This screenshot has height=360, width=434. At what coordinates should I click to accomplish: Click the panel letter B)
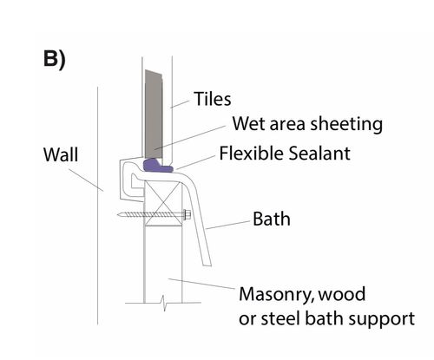pyautogui.click(x=55, y=60)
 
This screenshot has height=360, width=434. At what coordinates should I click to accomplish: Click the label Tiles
pyautogui.click(x=213, y=99)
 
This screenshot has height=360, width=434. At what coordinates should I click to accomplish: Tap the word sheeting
pyautogui.click(x=346, y=125)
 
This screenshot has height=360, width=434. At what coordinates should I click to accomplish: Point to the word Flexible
pyautogui.click(x=251, y=153)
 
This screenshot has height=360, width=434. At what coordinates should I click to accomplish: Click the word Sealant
pyautogui.click(x=319, y=153)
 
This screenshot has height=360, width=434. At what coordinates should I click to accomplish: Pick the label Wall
pyautogui.click(x=61, y=154)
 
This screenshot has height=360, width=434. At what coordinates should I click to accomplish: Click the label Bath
pyautogui.click(x=272, y=219)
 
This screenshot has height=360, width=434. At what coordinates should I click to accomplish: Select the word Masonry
pyautogui.click(x=277, y=295)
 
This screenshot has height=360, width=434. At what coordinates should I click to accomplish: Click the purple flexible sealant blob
pyautogui.click(x=158, y=166)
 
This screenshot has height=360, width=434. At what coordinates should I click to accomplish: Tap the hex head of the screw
pyautogui.click(x=187, y=214)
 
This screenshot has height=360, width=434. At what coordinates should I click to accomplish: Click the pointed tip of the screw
pyautogui.click(x=118, y=214)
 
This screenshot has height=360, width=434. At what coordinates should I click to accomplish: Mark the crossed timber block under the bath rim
pyautogui.click(x=163, y=203)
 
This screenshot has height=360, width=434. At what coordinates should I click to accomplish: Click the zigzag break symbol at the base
pyautogui.click(x=163, y=303)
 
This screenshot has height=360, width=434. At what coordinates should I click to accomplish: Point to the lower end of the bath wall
pyautogui.click(x=207, y=265)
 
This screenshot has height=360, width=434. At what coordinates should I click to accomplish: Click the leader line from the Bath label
pyautogui.click(x=228, y=226)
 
